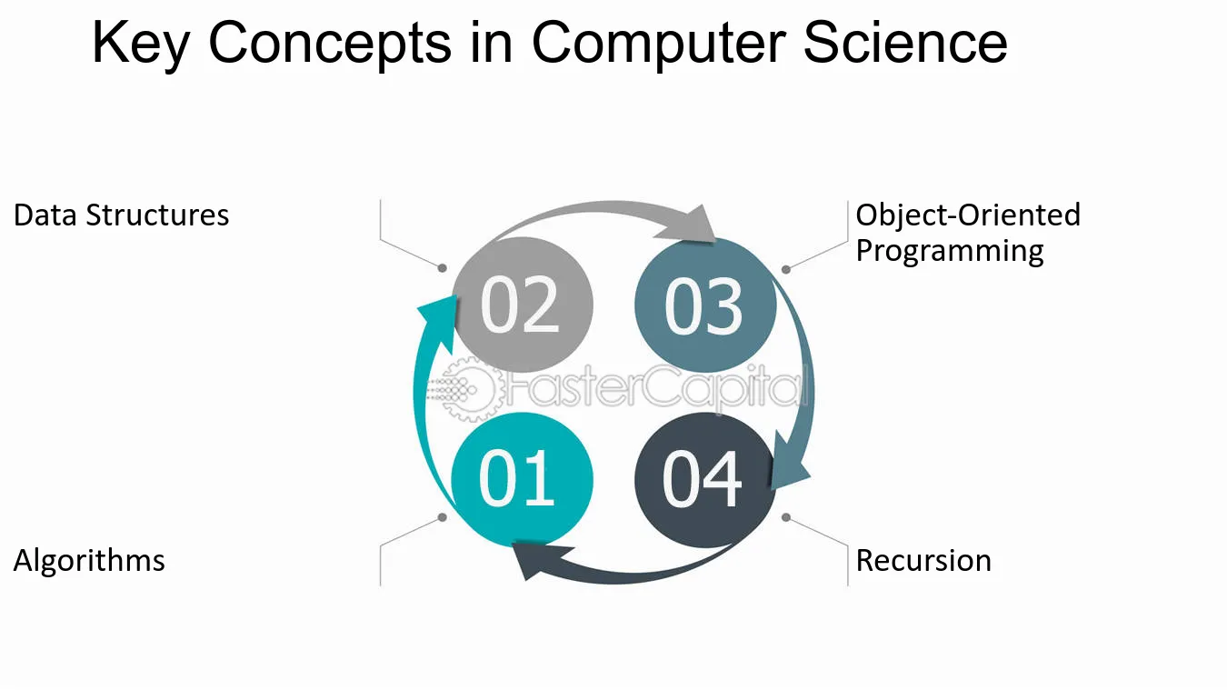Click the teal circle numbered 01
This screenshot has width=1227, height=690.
[x=522, y=479]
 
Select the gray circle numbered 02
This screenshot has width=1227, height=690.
[x=522, y=305]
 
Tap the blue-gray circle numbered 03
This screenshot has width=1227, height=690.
[x=705, y=305]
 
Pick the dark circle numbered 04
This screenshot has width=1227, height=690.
[x=705, y=479]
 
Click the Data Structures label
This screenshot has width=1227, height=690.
[x=121, y=215]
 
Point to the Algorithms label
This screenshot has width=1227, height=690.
[x=89, y=561]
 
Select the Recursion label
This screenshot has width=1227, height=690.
[x=923, y=561]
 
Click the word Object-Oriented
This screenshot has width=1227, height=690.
[x=968, y=215]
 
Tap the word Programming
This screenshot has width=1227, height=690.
[x=950, y=252]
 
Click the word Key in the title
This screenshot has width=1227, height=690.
[x=141, y=44]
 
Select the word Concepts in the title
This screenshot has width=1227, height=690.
[x=330, y=44]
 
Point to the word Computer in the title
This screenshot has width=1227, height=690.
[x=659, y=44]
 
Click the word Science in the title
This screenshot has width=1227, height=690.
[x=905, y=43]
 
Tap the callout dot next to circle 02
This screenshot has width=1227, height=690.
[x=443, y=268]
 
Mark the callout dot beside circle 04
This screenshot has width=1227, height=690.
[x=786, y=517]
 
